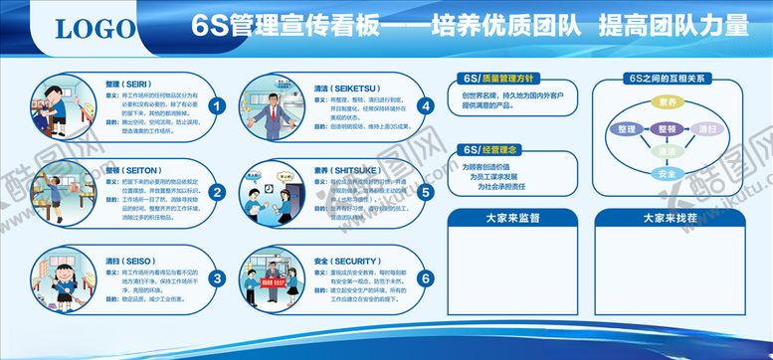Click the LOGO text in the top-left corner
tap(92, 30)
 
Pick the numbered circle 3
tap(218, 279)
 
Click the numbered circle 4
tap(426, 106)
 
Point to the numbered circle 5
tap(426, 194)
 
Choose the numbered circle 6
tap(426, 279)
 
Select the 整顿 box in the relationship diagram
tap(667, 129)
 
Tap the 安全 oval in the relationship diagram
tap(667, 174)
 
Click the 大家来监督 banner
tap(508, 218)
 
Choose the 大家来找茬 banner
tap(667, 218)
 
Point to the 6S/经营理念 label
tap(488, 149)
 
